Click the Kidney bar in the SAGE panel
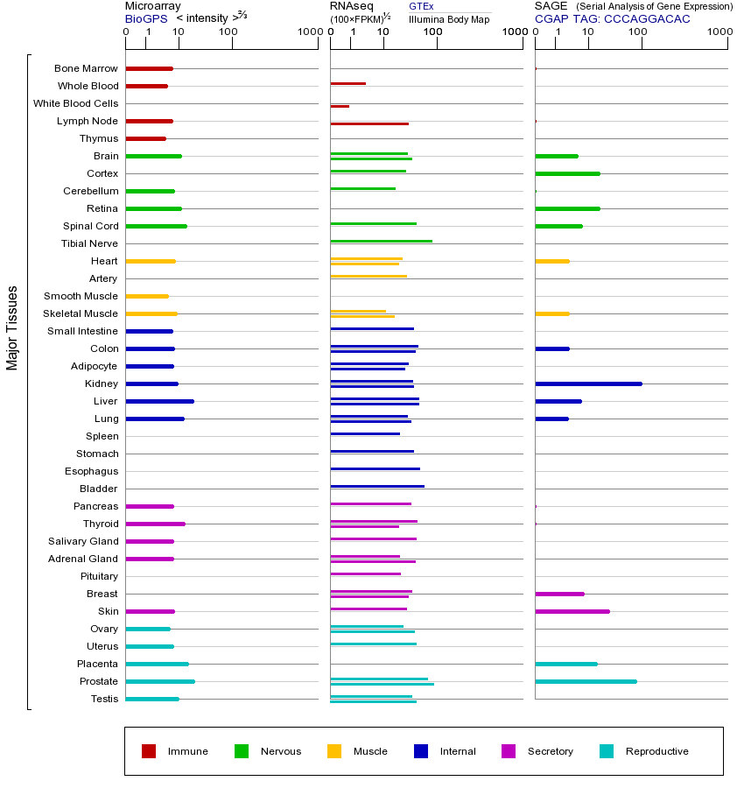(x=588, y=383)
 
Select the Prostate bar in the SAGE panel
(x=586, y=681)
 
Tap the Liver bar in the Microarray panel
(x=159, y=401)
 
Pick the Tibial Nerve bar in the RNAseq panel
(x=381, y=241)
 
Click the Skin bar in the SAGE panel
(x=572, y=611)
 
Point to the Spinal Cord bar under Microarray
(x=156, y=226)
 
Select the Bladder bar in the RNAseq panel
(x=377, y=486)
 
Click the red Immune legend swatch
(x=149, y=751)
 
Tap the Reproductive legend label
(x=656, y=751)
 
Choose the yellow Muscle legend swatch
(x=334, y=751)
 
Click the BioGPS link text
(x=144, y=18)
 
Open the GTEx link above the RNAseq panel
(x=421, y=6)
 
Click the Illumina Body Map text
(x=449, y=18)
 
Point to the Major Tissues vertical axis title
(x=12, y=327)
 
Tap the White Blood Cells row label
(x=75, y=103)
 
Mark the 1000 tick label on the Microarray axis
(x=308, y=32)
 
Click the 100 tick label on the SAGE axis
(x=638, y=32)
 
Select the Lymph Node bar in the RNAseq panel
(x=369, y=123)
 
